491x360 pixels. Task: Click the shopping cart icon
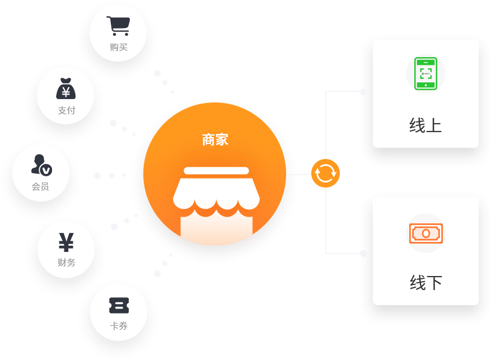point(118,26)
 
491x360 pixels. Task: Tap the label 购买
point(119,47)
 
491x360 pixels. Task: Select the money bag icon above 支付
point(66,88)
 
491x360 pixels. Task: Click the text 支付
point(66,110)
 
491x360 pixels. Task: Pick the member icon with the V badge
point(41,165)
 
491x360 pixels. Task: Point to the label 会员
point(40,186)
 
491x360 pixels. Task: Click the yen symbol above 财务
point(66,242)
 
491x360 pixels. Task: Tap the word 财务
point(66,262)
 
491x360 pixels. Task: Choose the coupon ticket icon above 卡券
point(119,306)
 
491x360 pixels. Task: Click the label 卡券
point(119,326)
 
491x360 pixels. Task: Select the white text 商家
point(215,139)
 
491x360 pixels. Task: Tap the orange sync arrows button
point(325,173)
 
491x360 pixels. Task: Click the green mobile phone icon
point(425,73)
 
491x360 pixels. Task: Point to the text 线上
point(425,125)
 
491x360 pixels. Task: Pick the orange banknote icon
point(425,233)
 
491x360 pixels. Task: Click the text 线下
point(425,283)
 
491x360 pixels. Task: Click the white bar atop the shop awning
point(216,171)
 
